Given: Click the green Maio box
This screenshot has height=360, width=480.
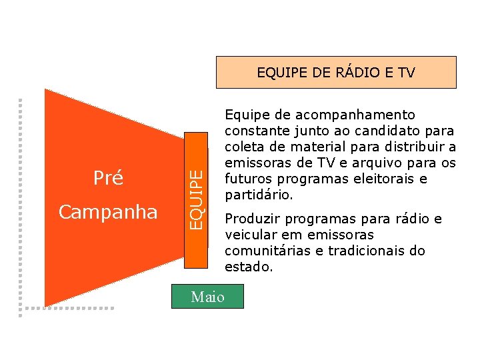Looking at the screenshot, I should click(x=207, y=297).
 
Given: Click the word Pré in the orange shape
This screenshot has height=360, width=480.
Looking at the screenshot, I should click(x=108, y=179).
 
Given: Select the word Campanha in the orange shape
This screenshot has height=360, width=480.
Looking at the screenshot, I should click(x=108, y=212).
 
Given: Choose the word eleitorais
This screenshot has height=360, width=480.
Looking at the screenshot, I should click(x=382, y=179).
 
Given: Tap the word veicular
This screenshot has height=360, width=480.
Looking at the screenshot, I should click(x=247, y=235).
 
